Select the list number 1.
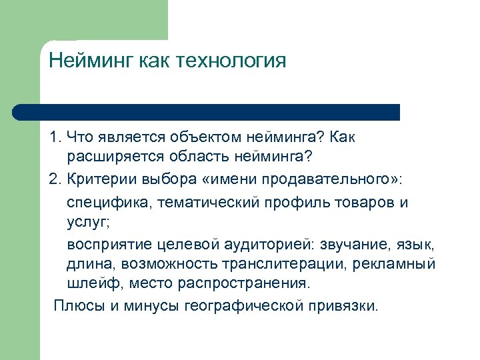53,137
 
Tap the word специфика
107,202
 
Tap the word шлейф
87,283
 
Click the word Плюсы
76,306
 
